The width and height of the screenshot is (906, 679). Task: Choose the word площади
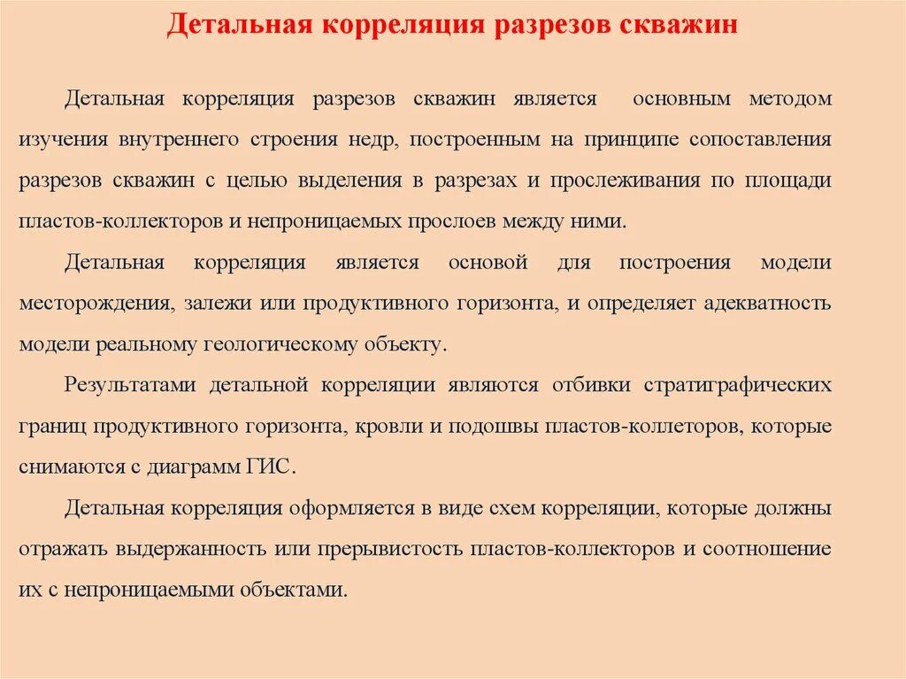tap(787, 181)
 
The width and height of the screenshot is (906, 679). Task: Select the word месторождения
tap(95, 304)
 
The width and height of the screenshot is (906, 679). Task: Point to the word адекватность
tap(768, 304)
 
